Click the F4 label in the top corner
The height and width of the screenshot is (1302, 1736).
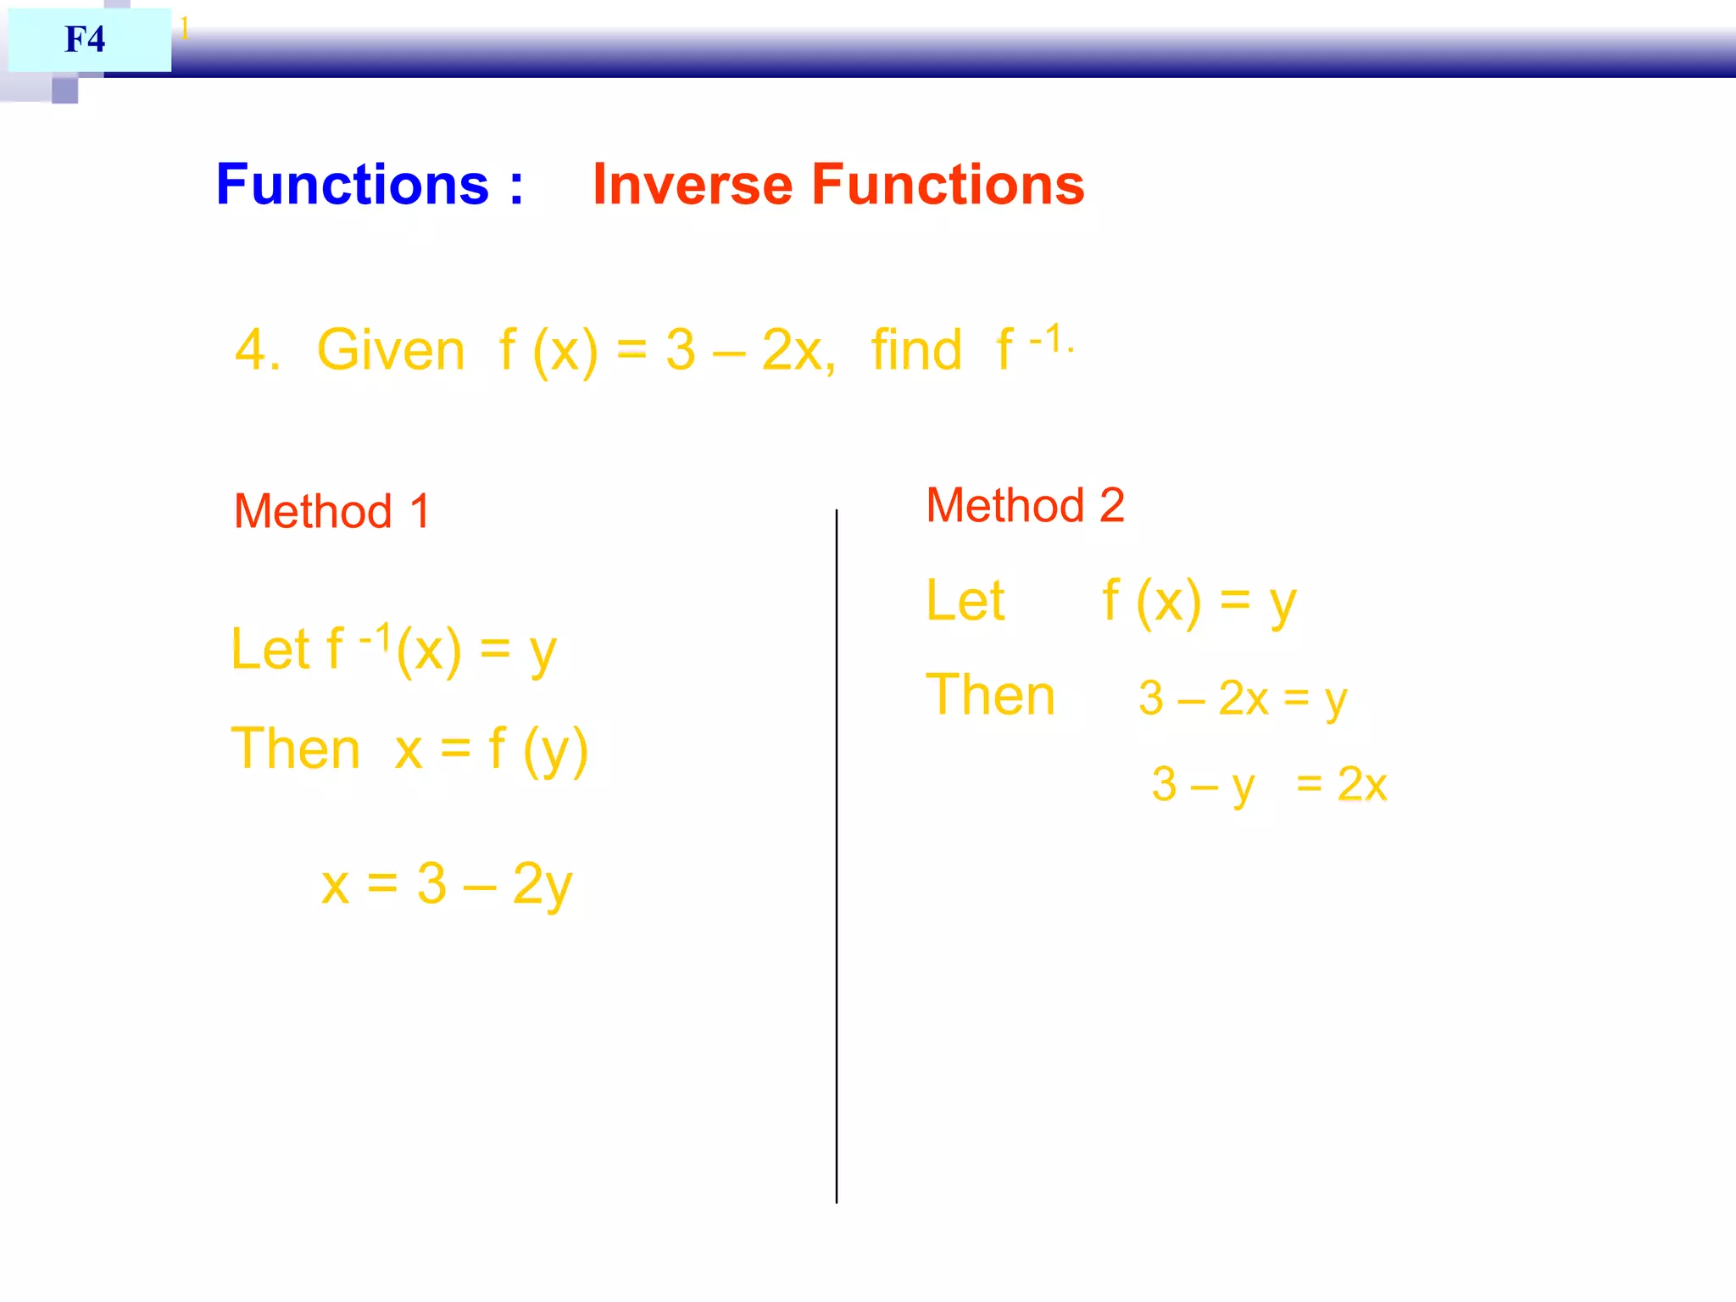(x=85, y=39)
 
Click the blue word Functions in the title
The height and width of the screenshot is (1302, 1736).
(x=353, y=185)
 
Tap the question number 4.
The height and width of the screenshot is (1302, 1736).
(x=256, y=350)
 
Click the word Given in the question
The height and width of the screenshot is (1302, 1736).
(x=391, y=350)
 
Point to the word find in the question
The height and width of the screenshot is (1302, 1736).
(x=916, y=350)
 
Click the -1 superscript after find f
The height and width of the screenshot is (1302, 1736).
(x=1049, y=339)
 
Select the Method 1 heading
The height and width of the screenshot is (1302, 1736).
(x=332, y=511)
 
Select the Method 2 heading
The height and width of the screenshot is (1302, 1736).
(x=1025, y=505)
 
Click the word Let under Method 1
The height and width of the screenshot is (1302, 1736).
(x=270, y=650)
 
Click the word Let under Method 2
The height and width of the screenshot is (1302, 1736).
(x=965, y=601)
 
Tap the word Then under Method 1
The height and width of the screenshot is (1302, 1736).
(x=296, y=749)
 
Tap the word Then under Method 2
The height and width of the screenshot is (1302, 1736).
(x=990, y=696)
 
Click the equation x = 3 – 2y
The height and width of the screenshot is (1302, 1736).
(x=447, y=884)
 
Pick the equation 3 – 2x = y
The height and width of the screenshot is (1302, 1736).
(x=1242, y=699)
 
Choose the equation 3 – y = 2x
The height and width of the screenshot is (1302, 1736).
(x=1268, y=784)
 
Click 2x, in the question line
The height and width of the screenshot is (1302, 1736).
(x=798, y=350)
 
